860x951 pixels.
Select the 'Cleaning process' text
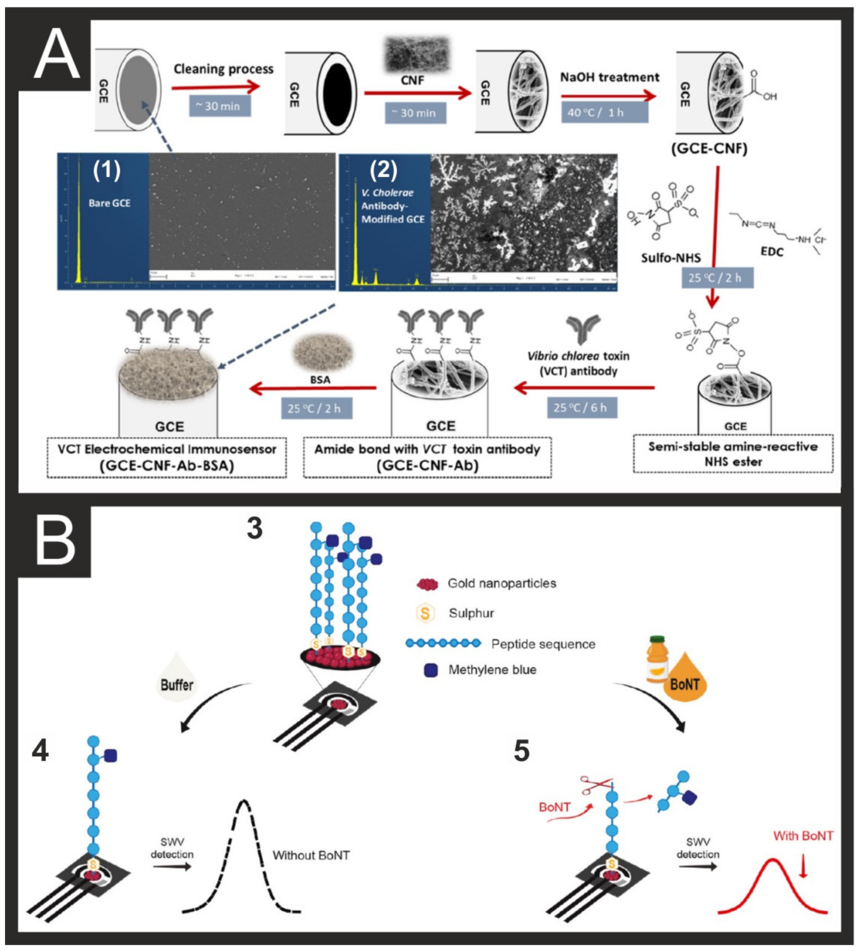click(223, 69)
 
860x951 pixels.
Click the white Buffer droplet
click(177, 679)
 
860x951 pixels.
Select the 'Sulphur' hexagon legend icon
click(425, 613)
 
